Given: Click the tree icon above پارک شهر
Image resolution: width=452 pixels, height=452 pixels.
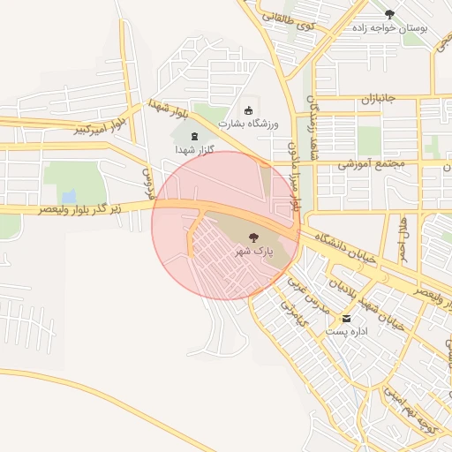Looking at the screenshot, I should (x=254, y=237).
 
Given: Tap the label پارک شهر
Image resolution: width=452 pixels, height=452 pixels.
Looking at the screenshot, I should (x=254, y=252).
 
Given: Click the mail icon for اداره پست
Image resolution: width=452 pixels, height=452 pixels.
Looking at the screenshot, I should (x=346, y=318).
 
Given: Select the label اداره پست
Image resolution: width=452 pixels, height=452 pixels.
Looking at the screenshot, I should (x=346, y=332).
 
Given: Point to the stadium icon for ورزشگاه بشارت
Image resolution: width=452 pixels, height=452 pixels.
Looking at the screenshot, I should (x=249, y=110).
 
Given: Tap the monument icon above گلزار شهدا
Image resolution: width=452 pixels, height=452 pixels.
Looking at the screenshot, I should (x=194, y=136).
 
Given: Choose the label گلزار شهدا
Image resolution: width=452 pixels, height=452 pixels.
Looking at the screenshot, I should (x=193, y=150).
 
